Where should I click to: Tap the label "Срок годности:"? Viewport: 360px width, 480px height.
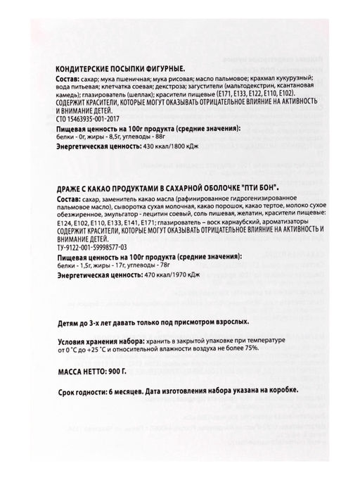point(79,391)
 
